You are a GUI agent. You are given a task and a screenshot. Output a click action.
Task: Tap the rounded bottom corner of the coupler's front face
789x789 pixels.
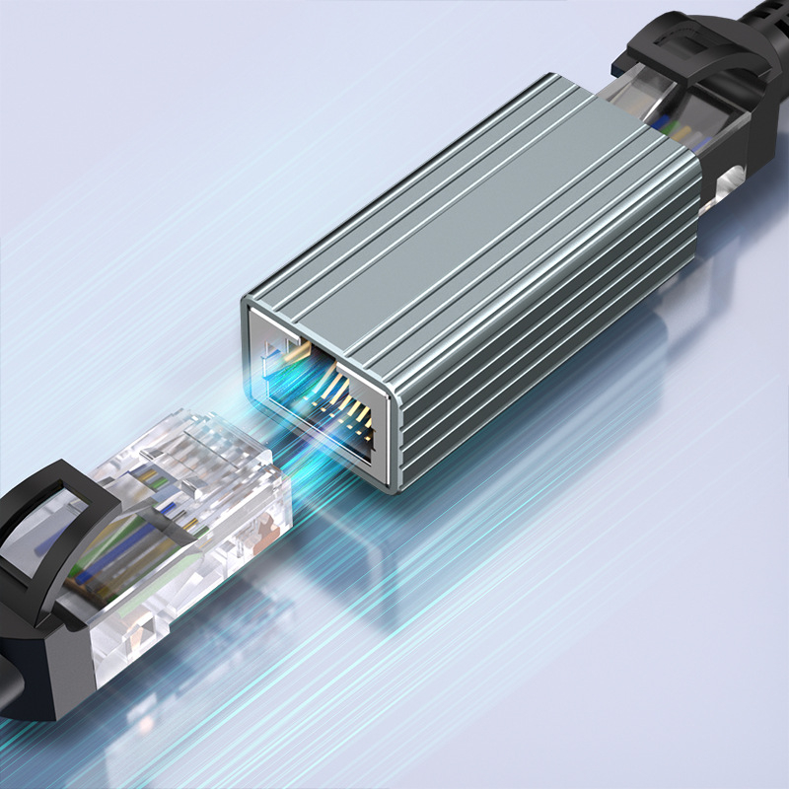(x=394, y=483)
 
